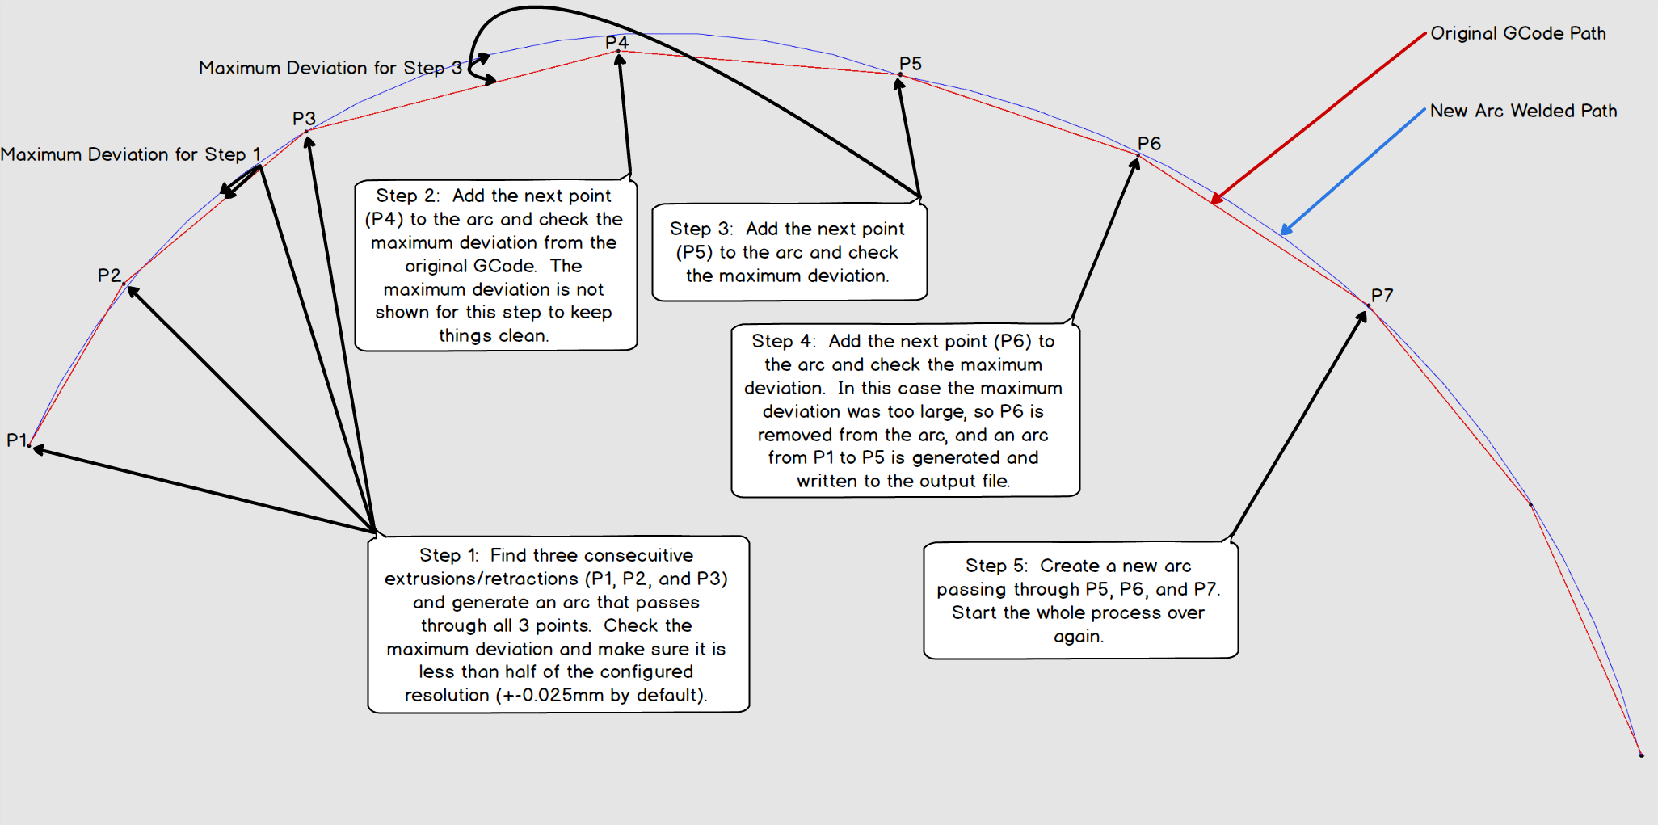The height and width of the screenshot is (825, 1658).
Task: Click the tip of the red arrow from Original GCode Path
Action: pos(1212,203)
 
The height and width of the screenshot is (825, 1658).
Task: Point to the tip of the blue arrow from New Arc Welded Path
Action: pos(1281,235)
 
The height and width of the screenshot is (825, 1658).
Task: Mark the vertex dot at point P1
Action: pos(29,445)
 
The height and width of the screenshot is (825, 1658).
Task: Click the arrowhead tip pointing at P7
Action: pos(1365,312)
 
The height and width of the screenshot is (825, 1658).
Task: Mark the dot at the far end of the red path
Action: pos(1641,755)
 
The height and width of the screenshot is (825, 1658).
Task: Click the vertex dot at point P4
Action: pos(618,52)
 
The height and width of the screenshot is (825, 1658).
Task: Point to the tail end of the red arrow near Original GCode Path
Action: pos(1425,33)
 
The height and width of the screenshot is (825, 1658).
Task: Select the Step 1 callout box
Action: pos(558,624)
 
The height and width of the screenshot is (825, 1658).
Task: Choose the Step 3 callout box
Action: pos(789,251)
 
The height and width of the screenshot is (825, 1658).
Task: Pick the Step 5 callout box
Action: pos(1080,600)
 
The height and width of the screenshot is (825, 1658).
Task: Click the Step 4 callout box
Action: pos(905,410)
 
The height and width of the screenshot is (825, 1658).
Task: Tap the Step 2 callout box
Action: pos(496,265)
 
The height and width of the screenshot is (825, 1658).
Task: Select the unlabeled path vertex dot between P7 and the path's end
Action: pos(1530,504)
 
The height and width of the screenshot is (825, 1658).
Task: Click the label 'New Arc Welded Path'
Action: pos(1523,111)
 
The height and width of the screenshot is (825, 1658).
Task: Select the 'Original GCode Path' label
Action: pos(1518,33)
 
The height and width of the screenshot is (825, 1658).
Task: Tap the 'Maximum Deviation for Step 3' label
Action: pos(330,68)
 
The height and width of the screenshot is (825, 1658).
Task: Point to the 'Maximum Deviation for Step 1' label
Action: pos(131,154)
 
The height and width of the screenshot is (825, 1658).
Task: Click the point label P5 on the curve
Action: pos(911,64)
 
